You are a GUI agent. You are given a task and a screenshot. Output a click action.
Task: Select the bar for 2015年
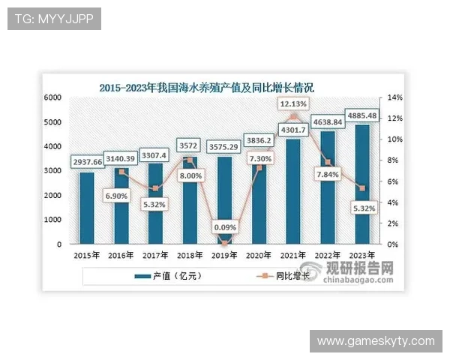86,208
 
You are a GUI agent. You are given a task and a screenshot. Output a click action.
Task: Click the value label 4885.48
361,115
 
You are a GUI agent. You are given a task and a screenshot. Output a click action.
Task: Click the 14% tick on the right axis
396,97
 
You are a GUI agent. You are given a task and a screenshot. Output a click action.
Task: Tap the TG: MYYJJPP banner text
53,19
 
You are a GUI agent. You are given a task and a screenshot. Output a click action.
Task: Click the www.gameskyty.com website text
375,341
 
